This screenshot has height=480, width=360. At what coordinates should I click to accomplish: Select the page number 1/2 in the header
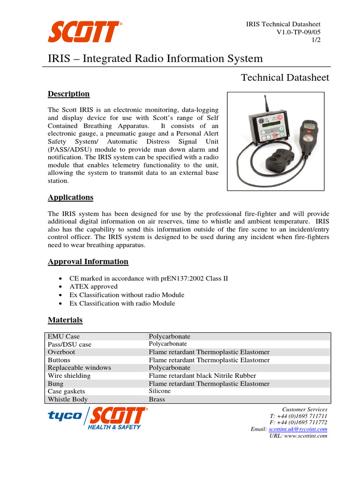pos(316,40)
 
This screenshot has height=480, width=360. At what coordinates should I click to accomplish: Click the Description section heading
pos(68,94)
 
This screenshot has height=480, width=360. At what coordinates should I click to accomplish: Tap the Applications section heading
pos(70,197)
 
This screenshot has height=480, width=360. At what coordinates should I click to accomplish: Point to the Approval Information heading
pos(88,262)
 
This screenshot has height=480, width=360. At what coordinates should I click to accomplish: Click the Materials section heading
pos(65,320)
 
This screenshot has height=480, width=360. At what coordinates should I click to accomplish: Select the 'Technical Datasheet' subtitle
pos(285,77)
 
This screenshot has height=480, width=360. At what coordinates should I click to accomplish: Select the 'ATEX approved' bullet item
pos(93,286)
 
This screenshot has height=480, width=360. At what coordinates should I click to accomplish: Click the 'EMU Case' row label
pos(64,337)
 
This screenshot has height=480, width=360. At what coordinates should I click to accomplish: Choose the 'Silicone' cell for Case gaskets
pos(160,391)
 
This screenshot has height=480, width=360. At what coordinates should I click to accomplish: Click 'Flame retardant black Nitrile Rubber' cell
pos(202,376)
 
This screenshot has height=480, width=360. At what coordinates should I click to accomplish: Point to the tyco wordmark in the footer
pos(65,416)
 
